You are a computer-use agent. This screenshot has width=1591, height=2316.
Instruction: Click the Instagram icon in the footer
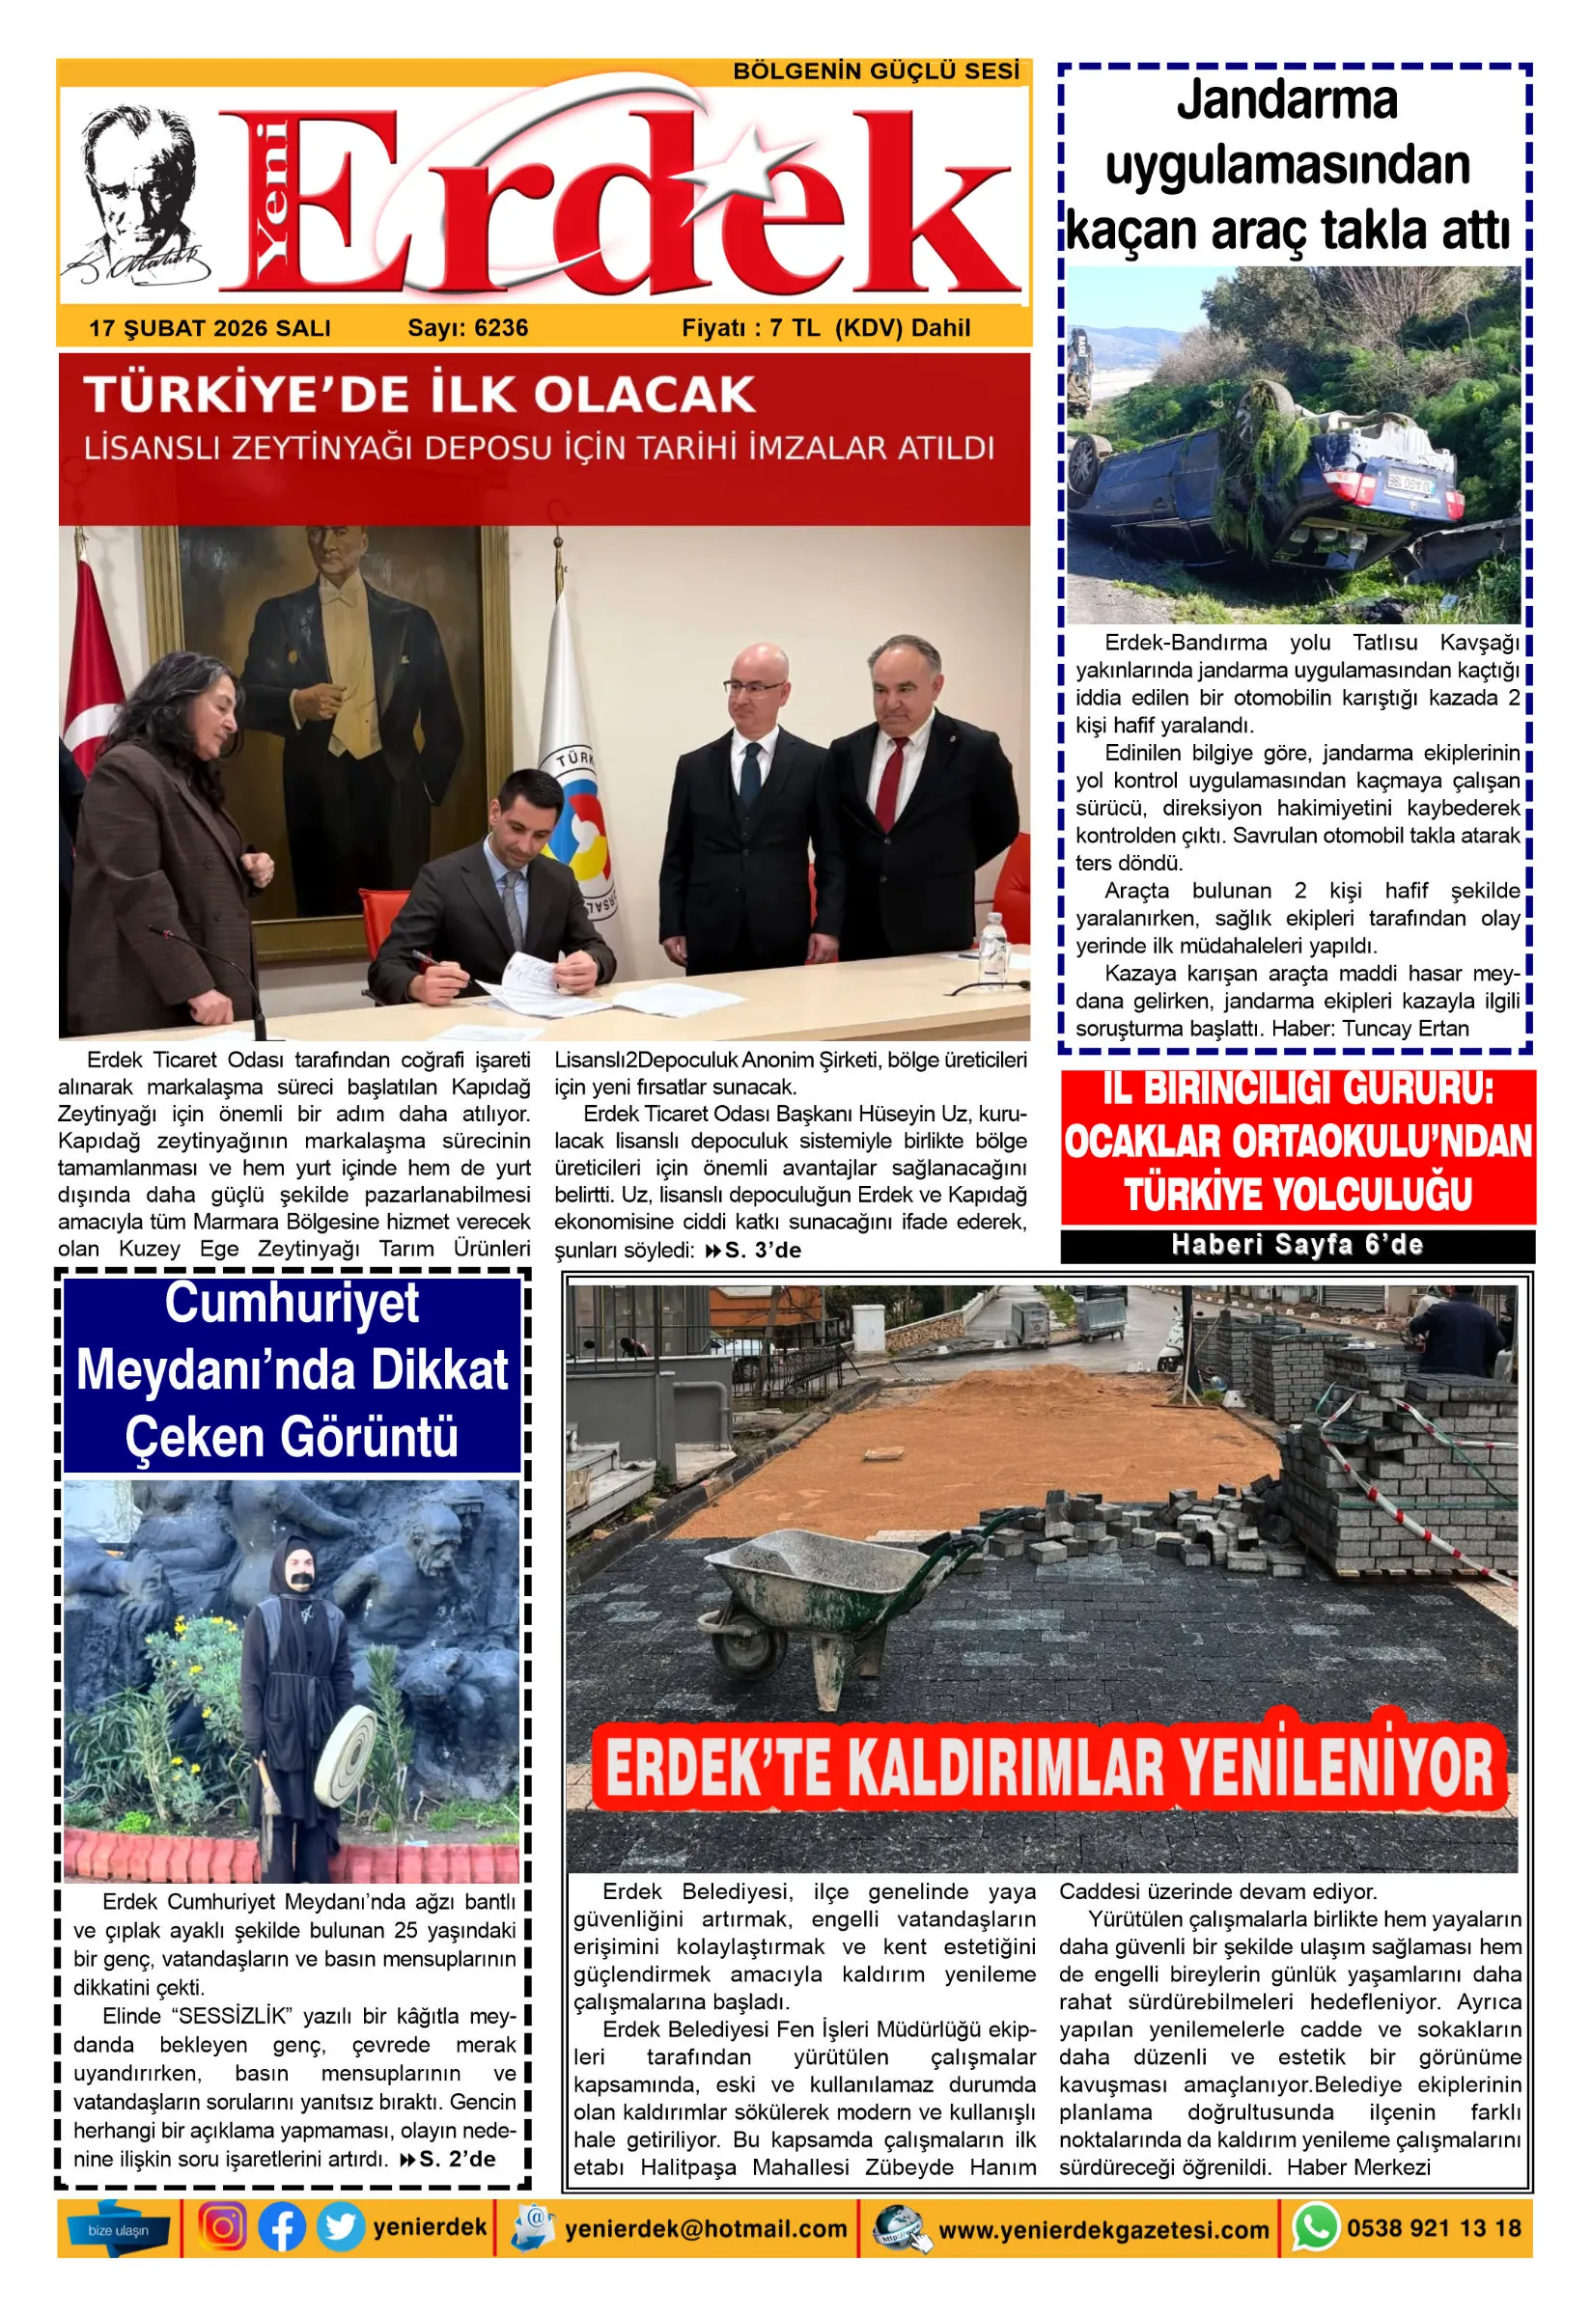(222, 2227)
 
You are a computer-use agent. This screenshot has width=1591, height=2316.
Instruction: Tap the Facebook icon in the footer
(281, 2227)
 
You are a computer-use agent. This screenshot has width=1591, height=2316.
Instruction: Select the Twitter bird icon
(340, 2227)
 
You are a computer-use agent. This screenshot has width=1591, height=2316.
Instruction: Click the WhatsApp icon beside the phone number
(1315, 2227)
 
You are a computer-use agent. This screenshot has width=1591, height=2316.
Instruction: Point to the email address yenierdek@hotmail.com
(706, 2229)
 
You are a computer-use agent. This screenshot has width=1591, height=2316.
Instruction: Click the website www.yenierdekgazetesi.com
(1103, 2230)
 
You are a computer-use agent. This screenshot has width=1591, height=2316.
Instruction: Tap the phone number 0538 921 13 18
(1434, 2228)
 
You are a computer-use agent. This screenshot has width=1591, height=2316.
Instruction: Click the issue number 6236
(501, 328)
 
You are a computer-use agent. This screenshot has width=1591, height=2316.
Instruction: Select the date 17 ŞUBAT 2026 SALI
(209, 328)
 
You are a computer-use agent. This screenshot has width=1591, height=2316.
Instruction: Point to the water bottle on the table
(991, 946)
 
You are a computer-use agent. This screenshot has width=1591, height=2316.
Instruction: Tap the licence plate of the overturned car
(1410, 485)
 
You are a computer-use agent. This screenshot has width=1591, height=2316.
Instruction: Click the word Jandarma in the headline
(1287, 100)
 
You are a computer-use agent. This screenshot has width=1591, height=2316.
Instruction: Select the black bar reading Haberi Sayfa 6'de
(1297, 1246)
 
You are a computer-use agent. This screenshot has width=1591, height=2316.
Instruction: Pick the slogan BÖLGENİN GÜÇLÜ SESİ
(877, 71)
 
